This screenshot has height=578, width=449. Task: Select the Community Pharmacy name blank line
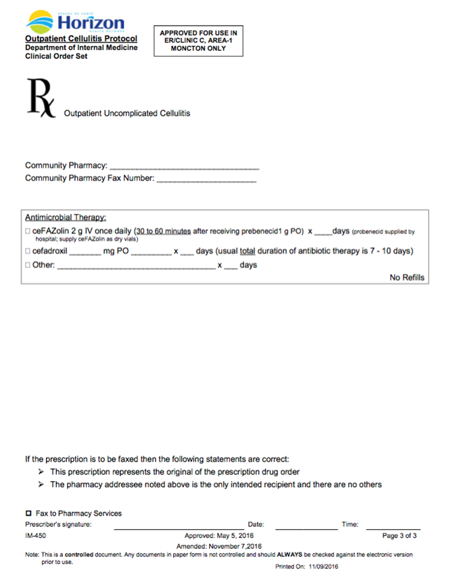(184, 166)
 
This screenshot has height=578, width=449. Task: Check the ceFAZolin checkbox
(28, 231)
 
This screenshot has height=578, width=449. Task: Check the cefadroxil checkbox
(28, 251)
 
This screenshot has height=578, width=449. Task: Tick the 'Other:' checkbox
(28, 265)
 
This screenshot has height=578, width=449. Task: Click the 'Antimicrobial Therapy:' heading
(66, 217)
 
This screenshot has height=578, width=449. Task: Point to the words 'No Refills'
(407, 277)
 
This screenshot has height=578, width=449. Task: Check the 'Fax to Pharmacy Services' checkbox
(28, 514)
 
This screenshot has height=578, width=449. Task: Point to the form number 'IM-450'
(35, 535)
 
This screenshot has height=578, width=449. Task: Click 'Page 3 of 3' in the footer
(399, 535)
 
